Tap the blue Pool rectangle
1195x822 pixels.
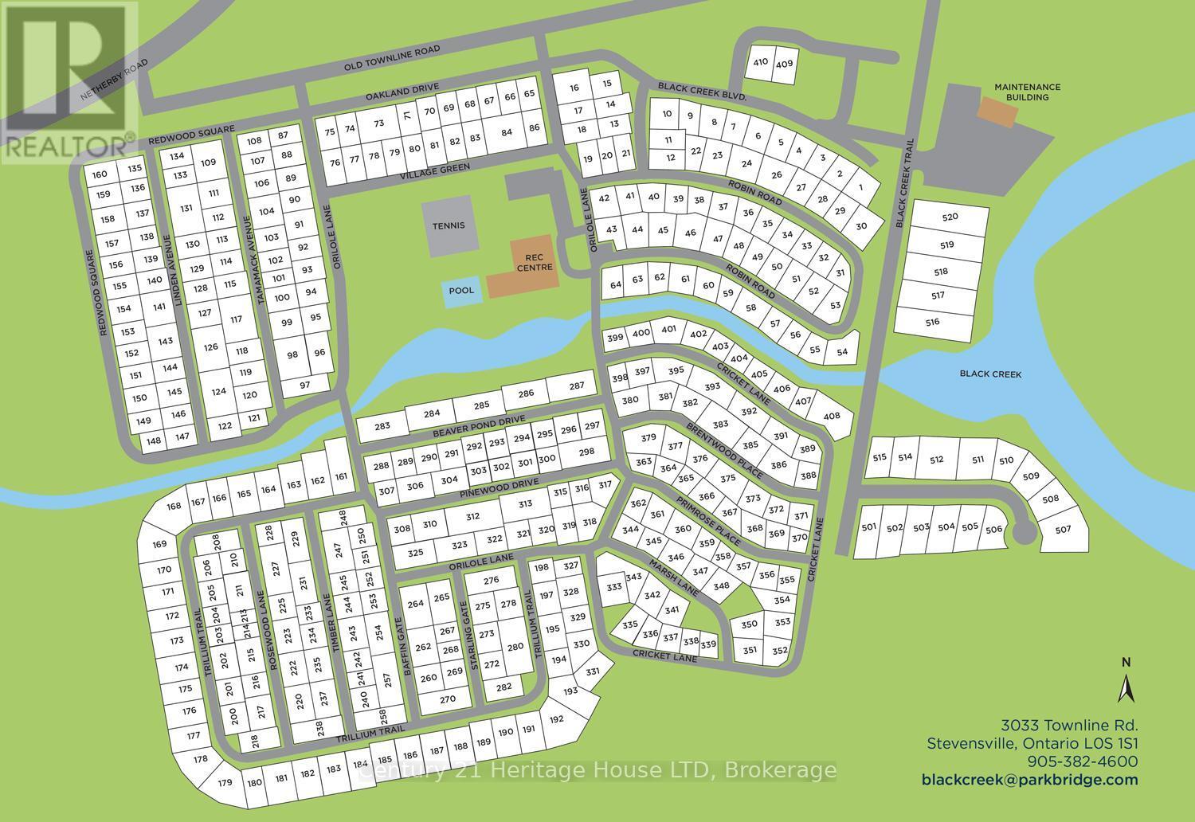(x=461, y=291)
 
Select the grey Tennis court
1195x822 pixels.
(x=449, y=226)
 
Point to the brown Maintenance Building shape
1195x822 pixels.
(x=998, y=112)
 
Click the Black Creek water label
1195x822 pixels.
(x=990, y=374)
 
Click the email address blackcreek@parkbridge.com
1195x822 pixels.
(x=1029, y=780)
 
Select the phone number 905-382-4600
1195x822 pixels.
(x=1083, y=761)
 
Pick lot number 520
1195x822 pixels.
(x=950, y=217)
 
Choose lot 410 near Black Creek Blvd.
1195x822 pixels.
(x=760, y=62)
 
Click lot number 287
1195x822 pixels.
(x=577, y=386)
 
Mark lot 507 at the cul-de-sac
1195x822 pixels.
(x=1063, y=530)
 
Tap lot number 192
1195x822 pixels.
(x=556, y=719)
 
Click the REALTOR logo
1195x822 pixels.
(x=68, y=80)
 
